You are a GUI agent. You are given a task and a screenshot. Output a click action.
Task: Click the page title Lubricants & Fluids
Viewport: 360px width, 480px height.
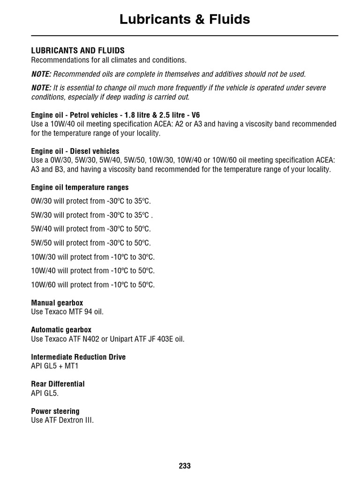pos(185,19)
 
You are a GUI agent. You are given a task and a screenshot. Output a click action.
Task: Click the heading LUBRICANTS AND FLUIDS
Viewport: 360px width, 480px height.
pos(78,51)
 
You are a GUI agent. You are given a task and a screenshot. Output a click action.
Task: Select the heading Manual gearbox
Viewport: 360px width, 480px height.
pos(57,303)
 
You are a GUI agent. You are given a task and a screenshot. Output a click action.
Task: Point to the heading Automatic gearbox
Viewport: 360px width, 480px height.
pos(61,330)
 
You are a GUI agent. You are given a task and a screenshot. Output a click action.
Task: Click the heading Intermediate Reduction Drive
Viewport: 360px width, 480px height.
pos(78,357)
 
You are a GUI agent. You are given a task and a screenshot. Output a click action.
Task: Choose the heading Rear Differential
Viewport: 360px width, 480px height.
pos(58,384)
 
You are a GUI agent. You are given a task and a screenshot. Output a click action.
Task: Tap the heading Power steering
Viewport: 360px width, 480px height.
pos(55,411)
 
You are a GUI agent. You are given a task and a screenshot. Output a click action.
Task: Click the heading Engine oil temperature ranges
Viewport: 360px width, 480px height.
pos(80,187)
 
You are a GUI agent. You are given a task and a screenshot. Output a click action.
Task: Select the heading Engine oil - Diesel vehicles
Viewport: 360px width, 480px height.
pos(75,151)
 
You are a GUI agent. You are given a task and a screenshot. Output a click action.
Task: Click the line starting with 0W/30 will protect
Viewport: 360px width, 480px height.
pos(91,202)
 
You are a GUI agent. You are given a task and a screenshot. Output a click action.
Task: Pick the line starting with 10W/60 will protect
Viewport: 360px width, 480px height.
pos(93,285)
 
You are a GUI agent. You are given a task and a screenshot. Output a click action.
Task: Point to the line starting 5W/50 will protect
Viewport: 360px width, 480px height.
pos(91,243)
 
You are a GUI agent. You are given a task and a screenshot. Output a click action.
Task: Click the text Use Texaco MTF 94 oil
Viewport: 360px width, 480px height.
pos(67,312)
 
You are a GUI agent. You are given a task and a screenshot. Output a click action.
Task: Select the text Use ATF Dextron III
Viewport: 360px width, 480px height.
pos(62,420)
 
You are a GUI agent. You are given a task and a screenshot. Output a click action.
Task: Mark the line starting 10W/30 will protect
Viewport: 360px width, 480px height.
pos(93,257)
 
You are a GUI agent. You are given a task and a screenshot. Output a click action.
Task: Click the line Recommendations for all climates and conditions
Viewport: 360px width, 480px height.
pos(109,60)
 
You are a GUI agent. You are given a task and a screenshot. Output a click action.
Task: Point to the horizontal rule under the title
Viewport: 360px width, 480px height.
pos(185,36)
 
